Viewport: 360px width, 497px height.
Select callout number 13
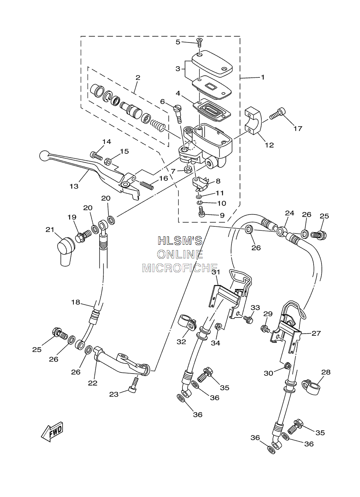(x=74, y=186)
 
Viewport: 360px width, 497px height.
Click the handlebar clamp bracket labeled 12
(x=253, y=121)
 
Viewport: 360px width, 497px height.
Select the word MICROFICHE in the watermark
(x=180, y=268)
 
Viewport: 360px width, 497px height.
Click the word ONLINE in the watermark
(x=180, y=254)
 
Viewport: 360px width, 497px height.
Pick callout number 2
(x=138, y=78)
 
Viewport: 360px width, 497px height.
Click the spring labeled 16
(x=147, y=185)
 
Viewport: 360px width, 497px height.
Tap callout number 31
(x=216, y=272)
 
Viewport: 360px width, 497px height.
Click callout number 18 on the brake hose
(x=76, y=302)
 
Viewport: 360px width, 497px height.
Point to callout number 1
(x=263, y=77)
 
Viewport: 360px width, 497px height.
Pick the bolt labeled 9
(x=202, y=212)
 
